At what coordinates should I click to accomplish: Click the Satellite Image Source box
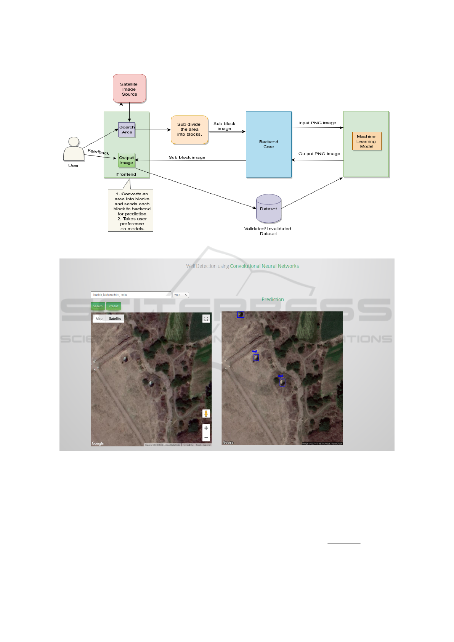129,89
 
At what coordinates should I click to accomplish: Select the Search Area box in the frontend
127,130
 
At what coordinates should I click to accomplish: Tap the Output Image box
127,160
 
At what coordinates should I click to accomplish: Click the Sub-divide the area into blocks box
189,130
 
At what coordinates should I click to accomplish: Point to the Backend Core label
269,144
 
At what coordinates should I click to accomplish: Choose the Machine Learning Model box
366,141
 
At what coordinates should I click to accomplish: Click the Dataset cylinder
268,209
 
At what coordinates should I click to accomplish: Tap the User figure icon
74,149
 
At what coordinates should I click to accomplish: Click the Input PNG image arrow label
317,123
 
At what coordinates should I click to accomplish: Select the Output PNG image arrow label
319,154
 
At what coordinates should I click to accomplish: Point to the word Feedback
98,152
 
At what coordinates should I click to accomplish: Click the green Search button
98,306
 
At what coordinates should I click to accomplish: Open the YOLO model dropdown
181,295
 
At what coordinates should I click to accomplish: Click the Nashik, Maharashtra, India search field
131,295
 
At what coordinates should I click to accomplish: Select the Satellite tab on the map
115,319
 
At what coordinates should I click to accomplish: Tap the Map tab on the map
99,319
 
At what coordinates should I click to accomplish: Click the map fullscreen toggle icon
206,319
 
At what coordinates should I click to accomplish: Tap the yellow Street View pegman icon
206,414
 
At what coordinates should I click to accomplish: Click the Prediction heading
273,300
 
